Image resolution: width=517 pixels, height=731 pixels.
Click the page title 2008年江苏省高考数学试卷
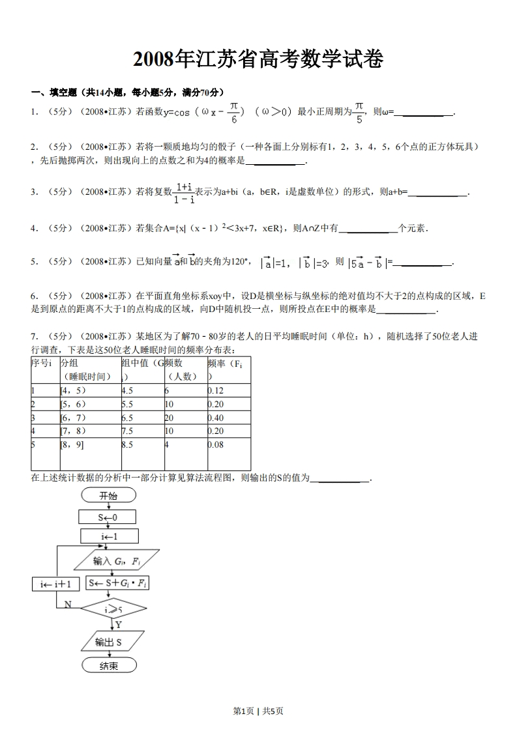pyautogui.click(x=258, y=60)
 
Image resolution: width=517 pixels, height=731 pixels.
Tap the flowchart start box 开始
pyautogui.click(x=108, y=496)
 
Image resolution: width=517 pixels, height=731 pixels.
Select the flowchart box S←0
pyautogui.click(x=108, y=517)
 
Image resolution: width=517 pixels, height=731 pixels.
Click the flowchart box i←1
pyautogui.click(x=109, y=536)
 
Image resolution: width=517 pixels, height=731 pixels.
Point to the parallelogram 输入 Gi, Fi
pyautogui.click(x=117, y=561)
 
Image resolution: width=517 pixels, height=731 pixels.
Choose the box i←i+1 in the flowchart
pyautogui.click(x=55, y=584)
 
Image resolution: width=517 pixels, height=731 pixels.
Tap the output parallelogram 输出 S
pyautogui.click(x=108, y=642)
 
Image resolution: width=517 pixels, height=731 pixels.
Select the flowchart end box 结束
pyautogui.click(x=109, y=665)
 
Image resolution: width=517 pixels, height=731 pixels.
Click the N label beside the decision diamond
pyautogui.click(x=67, y=604)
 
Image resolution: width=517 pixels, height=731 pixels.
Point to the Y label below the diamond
pyautogui.click(x=119, y=625)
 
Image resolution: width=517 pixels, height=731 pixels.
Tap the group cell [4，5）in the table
pyautogui.click(x=73, y=390)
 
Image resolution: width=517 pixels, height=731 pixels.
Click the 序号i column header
pyautogui.click(x=42, y=364)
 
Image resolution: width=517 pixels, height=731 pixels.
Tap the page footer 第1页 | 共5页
pyautogui.click(x=258, y=711)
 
